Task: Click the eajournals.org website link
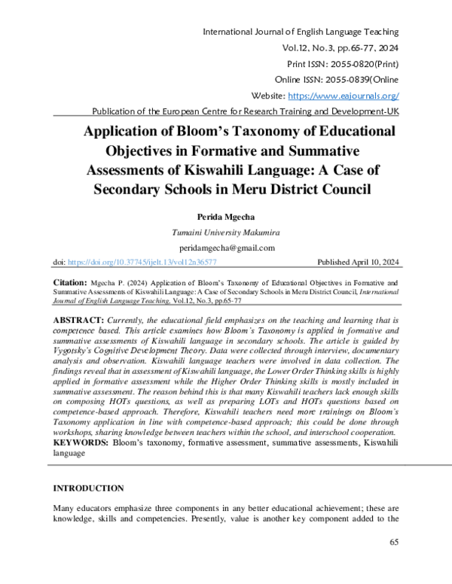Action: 344,96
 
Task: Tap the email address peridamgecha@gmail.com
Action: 226,248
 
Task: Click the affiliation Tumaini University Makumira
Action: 226,232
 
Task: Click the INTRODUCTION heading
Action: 88,488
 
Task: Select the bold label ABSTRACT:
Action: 80,320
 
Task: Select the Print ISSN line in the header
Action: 343,64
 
